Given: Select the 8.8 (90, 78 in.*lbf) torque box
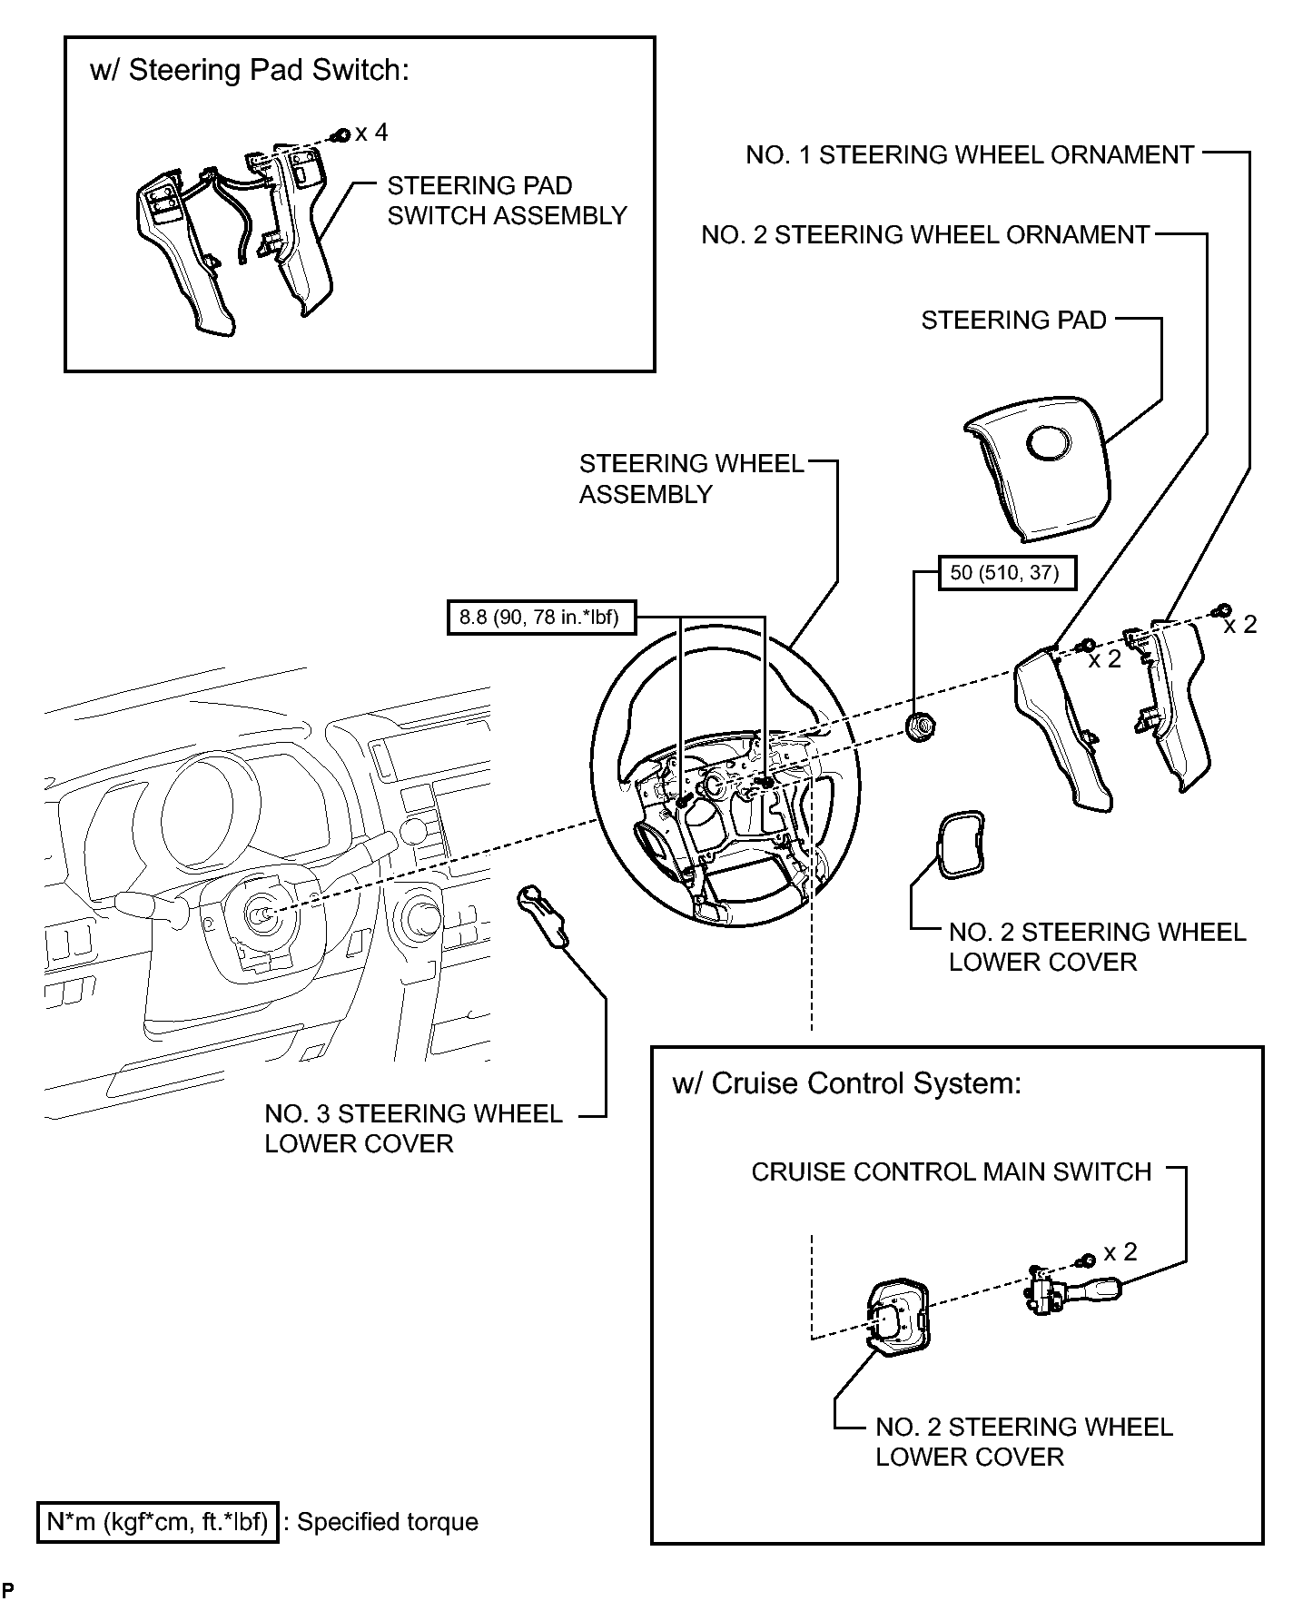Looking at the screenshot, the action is (541, 618).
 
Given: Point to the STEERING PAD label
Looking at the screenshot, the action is (1013, 321).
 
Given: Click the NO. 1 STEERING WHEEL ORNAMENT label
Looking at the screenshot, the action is (970, 155).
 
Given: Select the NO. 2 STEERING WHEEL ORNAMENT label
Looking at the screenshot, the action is (925, 235).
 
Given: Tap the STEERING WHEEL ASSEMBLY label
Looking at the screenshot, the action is (692, 479).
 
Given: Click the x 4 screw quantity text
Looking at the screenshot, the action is (371, 133).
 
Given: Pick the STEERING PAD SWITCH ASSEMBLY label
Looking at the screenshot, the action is (507, 201).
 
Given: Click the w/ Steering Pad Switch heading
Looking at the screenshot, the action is (250, 71).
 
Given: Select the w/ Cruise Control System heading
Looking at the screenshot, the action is (846, 1083).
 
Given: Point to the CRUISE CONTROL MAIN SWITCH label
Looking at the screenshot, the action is (951, 1172).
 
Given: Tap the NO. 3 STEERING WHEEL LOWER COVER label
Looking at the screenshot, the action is (413, 1129).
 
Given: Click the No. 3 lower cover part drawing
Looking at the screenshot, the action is (543, 917).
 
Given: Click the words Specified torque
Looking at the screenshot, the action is (388, 1523).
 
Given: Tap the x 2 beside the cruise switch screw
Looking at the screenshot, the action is (1120, 1252).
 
